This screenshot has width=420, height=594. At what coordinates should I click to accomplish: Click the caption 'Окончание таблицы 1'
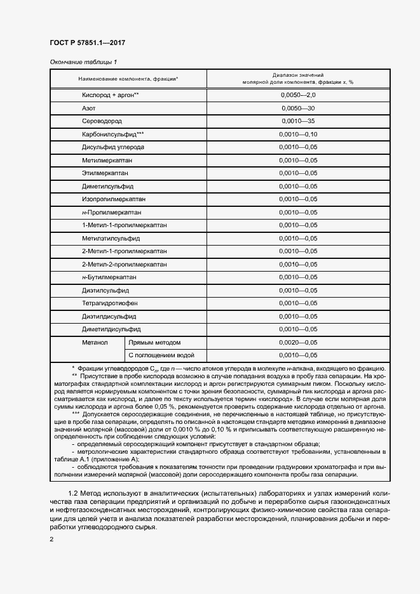(x=83, y=62)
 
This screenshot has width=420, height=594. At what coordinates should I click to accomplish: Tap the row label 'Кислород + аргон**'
(x=110, y=95)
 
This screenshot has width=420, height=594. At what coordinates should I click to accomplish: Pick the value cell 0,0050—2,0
(x=298, y=95)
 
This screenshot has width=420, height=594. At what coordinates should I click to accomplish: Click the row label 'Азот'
(x=88, y=108)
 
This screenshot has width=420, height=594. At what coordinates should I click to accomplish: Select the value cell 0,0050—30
(x=298, y=108)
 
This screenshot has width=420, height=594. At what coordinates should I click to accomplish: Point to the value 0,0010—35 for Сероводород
(x=298, y=121)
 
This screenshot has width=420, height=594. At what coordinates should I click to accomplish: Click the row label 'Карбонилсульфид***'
(x=112, y=134)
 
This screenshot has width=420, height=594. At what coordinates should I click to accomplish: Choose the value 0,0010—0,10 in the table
(x=298, y=134)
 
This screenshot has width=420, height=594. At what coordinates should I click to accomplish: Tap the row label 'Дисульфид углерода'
(x=112, y=147)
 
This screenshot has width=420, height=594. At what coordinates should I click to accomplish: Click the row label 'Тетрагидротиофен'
(x=110, y=303)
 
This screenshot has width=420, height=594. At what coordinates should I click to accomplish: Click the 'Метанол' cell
(x=95, y=342)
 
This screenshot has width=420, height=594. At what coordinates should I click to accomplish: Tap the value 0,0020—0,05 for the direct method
(x=298, y=342)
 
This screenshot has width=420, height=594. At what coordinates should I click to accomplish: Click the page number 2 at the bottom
(x=51, y=539)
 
